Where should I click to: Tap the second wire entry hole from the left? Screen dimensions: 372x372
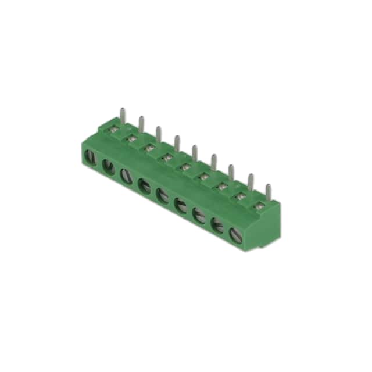click(108, 166)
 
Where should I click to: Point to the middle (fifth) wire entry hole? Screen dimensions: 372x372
click(163, 195)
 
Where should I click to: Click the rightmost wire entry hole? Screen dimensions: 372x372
click(237, 235)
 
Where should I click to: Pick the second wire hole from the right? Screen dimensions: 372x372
click(219, 225)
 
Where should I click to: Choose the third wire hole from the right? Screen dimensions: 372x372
click(200, 214)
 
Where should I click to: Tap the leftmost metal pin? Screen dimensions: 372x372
click(122, 113)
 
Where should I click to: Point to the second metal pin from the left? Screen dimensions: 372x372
click(141, 122)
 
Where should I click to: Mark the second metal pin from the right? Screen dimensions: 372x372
click(250, 181)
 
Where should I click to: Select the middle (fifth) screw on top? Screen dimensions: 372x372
click(185, 167)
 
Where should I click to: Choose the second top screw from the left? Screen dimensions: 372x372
click(132, 139)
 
